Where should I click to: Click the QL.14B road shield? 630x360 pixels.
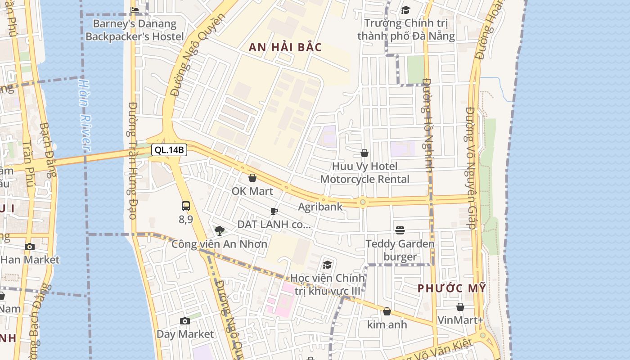(x=169, y=150)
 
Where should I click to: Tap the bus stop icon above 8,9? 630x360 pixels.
(x=186, y=207)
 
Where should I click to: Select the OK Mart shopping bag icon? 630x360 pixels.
(x=252, y=178)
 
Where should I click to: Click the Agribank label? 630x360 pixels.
(x=320, y=207)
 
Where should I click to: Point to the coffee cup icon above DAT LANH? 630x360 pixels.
(x=274, y=211)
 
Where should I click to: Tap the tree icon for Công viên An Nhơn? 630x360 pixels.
(x=220, y=231)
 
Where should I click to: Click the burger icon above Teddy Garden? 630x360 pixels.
(x=400, y=230)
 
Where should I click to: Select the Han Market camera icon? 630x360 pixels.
(x=30, y=247)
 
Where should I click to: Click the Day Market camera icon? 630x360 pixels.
(x=185, y=321)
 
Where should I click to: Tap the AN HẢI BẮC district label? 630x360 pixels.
(x=285, y=48)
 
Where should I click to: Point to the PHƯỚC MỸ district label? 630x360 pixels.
(x=452, y=288)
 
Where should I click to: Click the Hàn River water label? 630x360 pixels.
(x=85, y=115)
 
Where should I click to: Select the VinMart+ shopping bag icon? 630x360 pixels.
(x=460, y=307)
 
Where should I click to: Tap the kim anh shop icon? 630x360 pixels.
(x=387, y=311)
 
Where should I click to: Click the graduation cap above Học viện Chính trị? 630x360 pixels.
(x=328, y=265)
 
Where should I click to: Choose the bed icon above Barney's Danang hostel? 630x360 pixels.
(x=135, y=10)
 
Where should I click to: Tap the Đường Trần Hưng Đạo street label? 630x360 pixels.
(x=133, y=160)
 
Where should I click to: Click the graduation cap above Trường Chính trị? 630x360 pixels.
(x=406, y=10)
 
